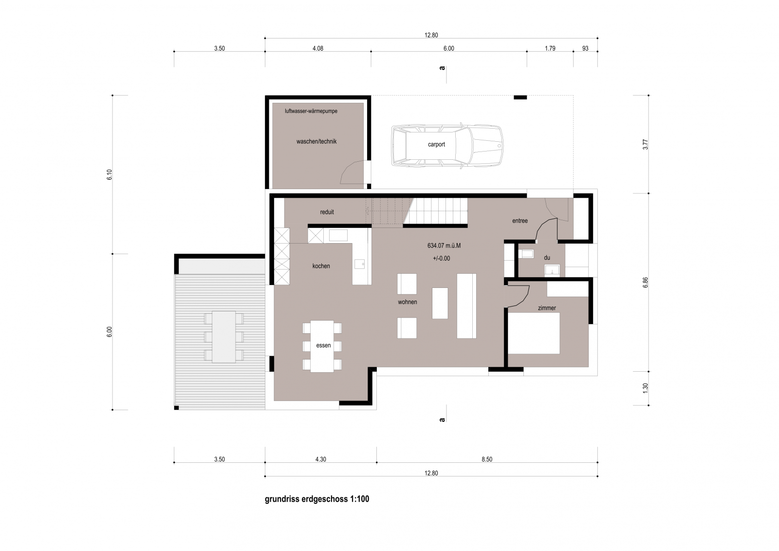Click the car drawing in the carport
point(447,146)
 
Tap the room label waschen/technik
point(316,142)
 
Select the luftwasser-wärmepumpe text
point(311,112)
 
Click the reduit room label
point(327,212)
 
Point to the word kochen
point(321,266)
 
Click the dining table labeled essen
point(322,346)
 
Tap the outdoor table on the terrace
point(224,337)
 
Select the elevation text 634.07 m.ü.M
point(444,246)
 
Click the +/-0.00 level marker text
point(441,259)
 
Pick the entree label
point(520,221)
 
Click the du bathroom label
point(547,258)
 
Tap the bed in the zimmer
point(534,333)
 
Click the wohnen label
point(408,302)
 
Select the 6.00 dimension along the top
point(448,48)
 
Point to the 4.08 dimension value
point(318,48)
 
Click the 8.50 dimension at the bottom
point(487,459)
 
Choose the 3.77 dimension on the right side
point(646,145)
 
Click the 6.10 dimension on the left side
point(110,174)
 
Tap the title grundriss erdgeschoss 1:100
point(317,499)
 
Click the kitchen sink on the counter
point(360,264)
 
